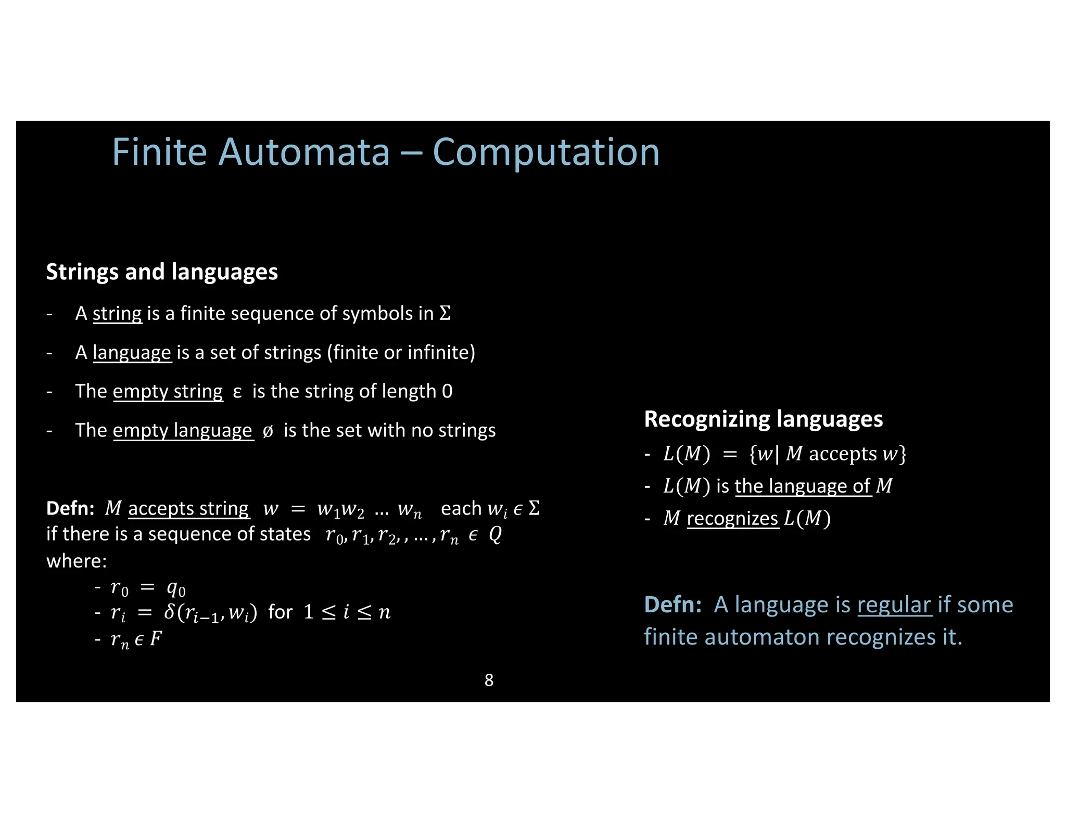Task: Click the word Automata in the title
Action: coord(304,152)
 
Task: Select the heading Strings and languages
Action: coord(162,272)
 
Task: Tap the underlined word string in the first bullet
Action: coord(117,314)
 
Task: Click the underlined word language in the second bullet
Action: coord(132,353)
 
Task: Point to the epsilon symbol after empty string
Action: coord(237,392)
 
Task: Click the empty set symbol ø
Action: coord(268,431)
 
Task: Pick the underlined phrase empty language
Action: coord(183,431)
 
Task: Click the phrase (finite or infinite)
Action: coord(401,353)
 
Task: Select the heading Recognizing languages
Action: coord(763,419)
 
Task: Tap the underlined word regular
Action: coord(894,605)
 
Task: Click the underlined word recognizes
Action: coord(732,519)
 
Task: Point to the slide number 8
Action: coord(489,680)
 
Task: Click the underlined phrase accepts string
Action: coord(188,508)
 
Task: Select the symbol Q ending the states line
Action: coord(495,534)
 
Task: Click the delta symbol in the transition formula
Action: coord(170,612)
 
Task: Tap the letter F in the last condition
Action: coord(156,638)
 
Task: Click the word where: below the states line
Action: coord(77,561)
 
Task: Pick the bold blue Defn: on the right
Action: coord(672,605)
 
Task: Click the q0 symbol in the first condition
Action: coord(176,588)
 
